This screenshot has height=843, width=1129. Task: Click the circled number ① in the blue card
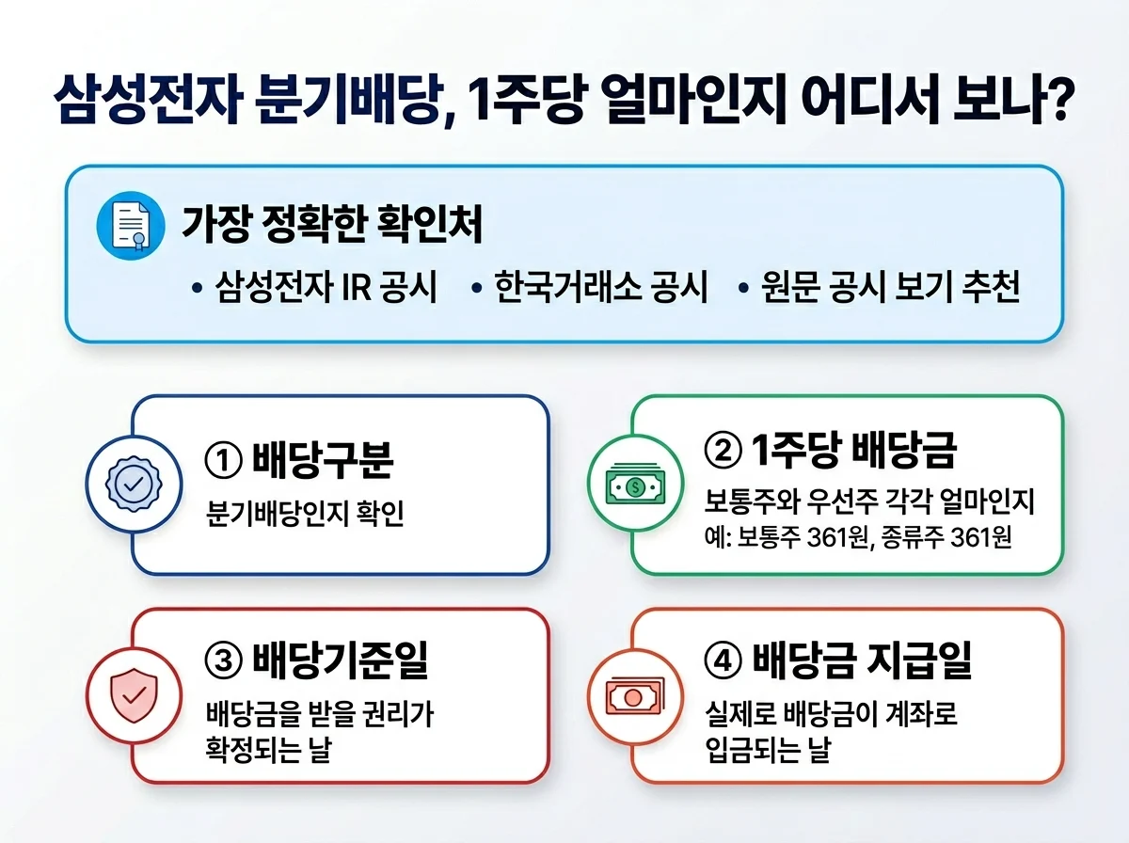point(224,461)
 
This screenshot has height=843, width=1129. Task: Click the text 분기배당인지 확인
point(305,516)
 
